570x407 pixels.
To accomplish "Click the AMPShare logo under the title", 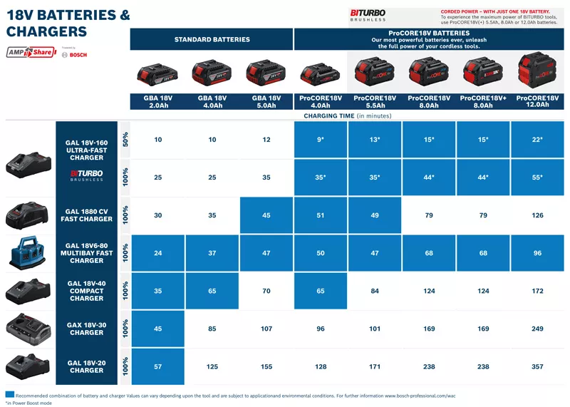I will pyautogui.click(x=31, y=52).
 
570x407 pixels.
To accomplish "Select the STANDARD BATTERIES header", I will pyautogui.click(x=212, y=39).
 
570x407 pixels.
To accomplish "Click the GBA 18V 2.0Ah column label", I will pyautogui.click(x=157, y=101).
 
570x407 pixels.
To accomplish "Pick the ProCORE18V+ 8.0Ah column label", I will pyautogui.click(x=482, y=101).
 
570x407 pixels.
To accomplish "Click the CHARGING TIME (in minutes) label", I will pyautogui.click(x=347, y=115).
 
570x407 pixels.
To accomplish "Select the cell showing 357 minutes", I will pyautogui.click(x=537, y=366).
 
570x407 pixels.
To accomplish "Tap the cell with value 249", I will pyautogui.click(x=537, y=329).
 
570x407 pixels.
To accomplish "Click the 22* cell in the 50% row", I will pyautogui.click(x=537, y=140).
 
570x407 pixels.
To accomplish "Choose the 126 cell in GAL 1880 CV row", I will pyautogui.click(x=537, y=215).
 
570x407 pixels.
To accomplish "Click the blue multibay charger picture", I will pyautogui.click(x=28, y=253).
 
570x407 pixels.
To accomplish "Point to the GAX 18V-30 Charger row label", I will pyautogui.click(x=86, y=329).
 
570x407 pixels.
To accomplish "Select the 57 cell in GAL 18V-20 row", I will pyautogui.click(x=157, y=366).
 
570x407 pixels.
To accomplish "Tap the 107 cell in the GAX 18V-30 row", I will pyautogui.click(x=266, y=329).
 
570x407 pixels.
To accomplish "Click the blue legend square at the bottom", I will pyautogui.click(x=9, y=394).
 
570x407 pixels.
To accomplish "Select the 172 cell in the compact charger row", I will pyautogui.click(x=537, y=291).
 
